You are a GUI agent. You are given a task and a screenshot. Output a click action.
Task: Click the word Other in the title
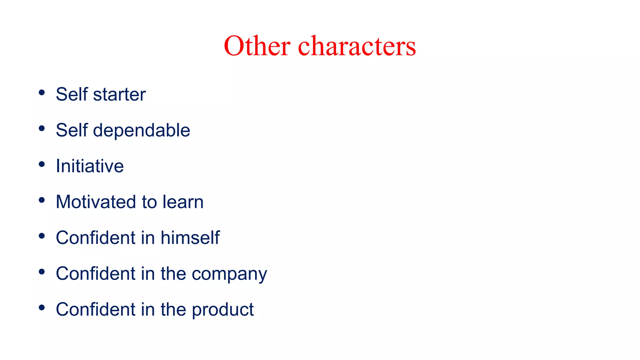pos(257,46)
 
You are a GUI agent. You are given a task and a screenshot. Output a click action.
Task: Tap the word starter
pos(119,94)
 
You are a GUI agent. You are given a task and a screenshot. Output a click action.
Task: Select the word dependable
pos(142,130)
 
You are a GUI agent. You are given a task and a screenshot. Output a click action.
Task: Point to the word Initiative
pos(90,166)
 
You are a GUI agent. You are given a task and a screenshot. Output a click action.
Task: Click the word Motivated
pos(96,202)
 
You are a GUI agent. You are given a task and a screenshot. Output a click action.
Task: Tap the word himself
pos(190,237)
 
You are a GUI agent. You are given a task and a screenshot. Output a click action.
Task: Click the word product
pos(222,310)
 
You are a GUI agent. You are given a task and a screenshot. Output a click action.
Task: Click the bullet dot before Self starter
pos(42,92)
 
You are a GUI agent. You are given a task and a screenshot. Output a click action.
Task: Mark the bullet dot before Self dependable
pos(42,128)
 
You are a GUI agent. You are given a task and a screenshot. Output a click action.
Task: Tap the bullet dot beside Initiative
pos(42,164)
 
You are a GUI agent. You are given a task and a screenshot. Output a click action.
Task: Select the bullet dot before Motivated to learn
pos(42,200)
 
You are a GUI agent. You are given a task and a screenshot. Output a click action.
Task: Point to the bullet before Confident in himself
pos(42,236)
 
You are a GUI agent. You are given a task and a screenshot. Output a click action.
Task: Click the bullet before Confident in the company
pos(42,272)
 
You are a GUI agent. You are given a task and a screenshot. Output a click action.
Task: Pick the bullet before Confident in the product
pos(42,308)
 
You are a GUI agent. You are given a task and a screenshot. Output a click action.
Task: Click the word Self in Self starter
pos(72,94)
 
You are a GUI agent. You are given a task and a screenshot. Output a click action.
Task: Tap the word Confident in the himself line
pos(95,237)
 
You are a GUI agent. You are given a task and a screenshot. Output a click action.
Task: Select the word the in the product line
pos(173,309)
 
